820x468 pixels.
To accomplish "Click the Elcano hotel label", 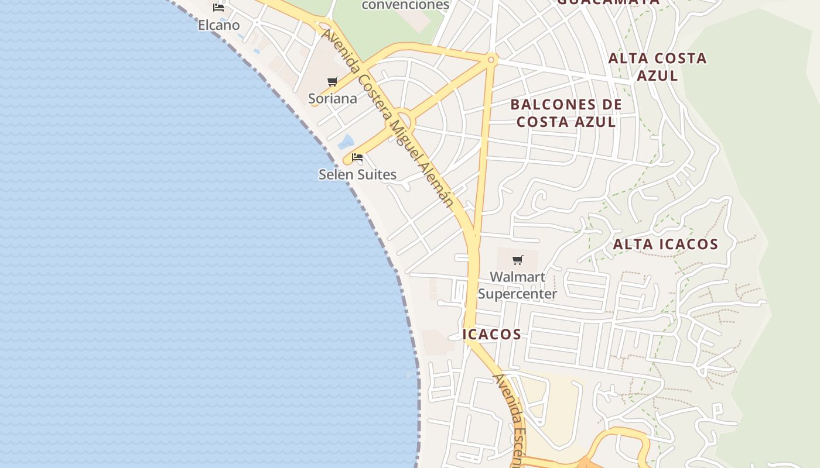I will coord(218,25).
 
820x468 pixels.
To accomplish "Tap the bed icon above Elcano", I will coord(218,8).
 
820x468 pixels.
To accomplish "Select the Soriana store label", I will coord(333,98).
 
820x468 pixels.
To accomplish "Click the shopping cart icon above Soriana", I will coord(333,81).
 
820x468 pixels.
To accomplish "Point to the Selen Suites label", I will coord(357,174).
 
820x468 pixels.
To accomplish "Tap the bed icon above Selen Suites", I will coord(357,157).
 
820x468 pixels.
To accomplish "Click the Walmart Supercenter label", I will coord(517,285).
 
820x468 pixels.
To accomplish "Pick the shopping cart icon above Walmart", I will coord(517,260).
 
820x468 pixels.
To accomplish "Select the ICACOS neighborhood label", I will coord(492,334).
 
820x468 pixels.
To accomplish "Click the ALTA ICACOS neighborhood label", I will coord(665,245).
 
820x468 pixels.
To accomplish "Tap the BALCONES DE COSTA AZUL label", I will coord(566,113).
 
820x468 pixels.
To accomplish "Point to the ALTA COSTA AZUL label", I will coord(657,67).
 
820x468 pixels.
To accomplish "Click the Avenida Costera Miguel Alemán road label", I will coord(388,117).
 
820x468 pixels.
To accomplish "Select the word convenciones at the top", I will coord(405,5).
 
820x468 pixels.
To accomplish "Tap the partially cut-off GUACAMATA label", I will coord(608,2).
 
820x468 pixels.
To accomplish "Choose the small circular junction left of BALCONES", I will coord(491,59).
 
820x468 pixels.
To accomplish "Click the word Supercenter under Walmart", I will coord(517,294).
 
